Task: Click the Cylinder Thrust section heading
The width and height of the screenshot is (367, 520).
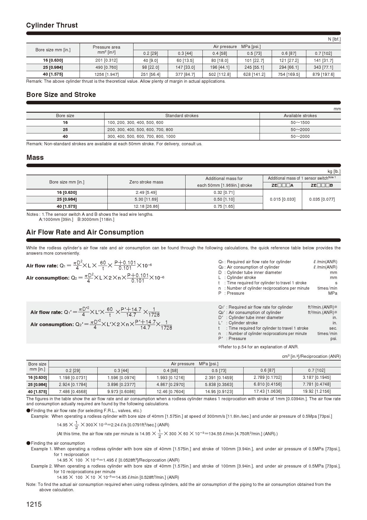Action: pos(52,25)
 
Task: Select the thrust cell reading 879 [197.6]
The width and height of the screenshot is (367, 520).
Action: pos(323,74)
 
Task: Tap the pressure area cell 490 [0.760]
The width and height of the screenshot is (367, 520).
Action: pos(106,67)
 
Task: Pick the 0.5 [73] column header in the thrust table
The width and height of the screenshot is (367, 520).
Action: pos(254,53)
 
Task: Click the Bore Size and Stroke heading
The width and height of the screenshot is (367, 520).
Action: pos(61,95)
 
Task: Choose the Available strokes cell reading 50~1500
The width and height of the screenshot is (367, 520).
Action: pos(300,122)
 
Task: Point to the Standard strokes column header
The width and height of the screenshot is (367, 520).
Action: pos(182,116)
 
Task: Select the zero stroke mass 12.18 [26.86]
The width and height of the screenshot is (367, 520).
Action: pos(146,206)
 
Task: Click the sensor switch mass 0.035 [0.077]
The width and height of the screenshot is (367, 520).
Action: pos(322,199)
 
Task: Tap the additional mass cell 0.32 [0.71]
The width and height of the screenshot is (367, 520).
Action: pos(224,192)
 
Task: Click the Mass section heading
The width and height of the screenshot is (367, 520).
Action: pos(35,158)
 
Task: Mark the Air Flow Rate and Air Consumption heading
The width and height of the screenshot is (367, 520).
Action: pos(85,232)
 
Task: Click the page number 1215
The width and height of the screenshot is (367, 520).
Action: pos(34,504)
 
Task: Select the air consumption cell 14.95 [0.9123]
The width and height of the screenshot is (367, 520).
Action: pos(219,392)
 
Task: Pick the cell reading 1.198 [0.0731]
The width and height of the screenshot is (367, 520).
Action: pos(73,378)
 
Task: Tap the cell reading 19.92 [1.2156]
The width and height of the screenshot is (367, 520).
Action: pos(316,391)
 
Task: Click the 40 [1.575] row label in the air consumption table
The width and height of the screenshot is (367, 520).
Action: pos(37,392)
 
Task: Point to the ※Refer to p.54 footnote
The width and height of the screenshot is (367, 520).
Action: pos(258,347)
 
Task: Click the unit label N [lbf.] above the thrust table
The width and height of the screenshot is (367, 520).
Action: pos(334,39)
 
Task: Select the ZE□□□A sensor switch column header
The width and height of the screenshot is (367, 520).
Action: pos(282,186)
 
